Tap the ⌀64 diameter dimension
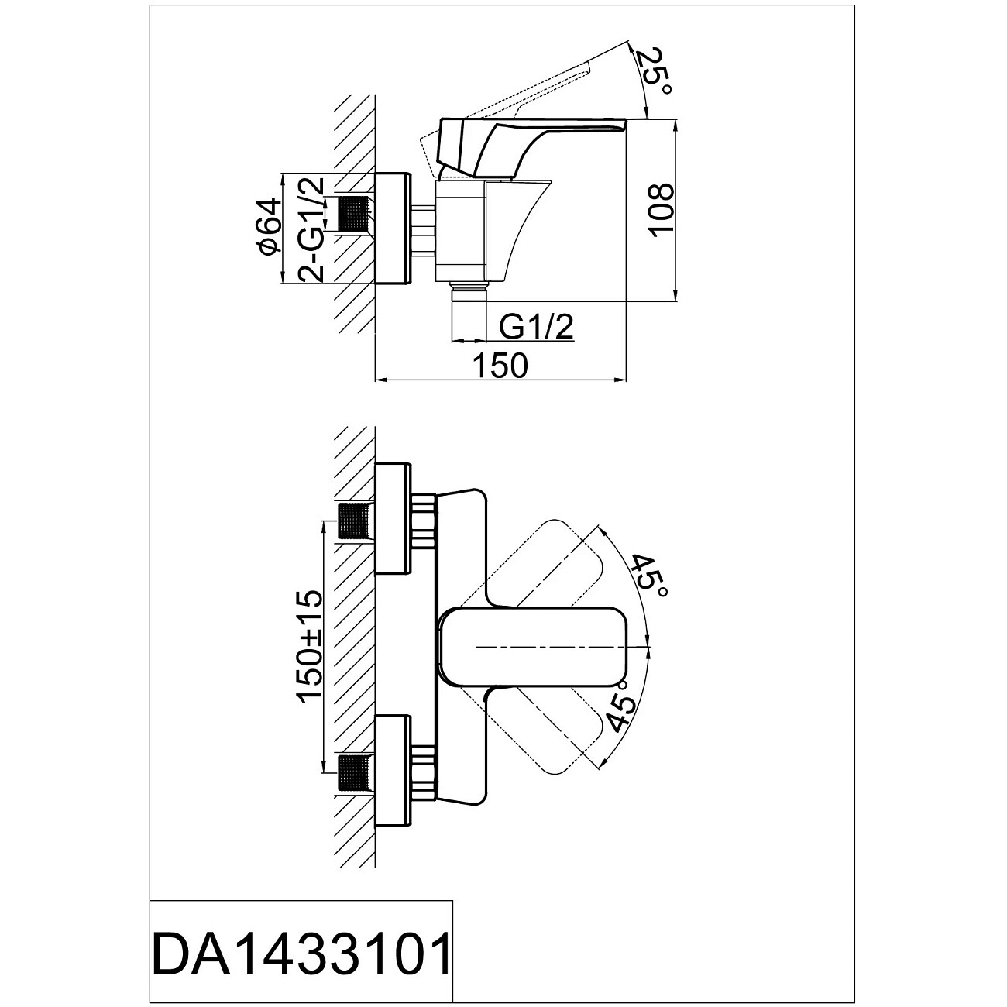click(x=269, y=227)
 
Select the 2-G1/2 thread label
click(x=311, y=229)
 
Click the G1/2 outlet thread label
click(x=536, y=328)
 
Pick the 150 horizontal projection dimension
click(x=500, y=366)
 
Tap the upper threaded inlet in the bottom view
click(x=356, y=521)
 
